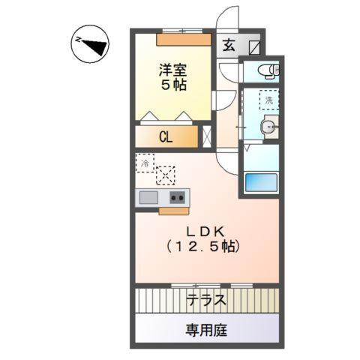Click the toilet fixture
coord(266,71)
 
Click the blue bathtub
coord(262,181)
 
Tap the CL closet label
coord(166,137)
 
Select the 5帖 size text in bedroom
coord(172,85)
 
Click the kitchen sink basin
coord(148,198)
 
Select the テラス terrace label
coord(206,301)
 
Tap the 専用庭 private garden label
coord(207,328)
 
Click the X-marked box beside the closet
coord(206,136)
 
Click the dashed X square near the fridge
coord(165,174)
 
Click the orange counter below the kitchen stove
coord(174,211)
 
